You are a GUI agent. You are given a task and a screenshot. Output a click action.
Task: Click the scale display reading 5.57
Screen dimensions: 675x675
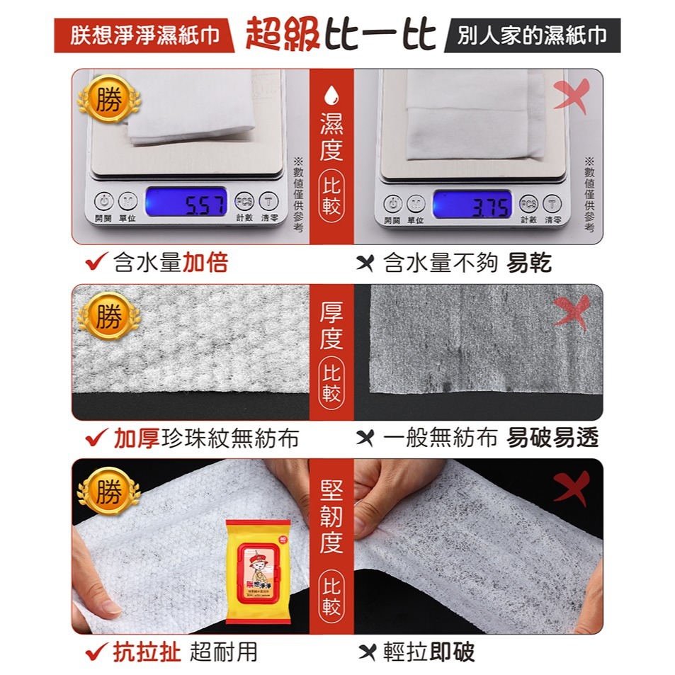pos(186,203)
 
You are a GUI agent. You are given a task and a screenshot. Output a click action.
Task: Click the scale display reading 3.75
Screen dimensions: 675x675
pos(472,204)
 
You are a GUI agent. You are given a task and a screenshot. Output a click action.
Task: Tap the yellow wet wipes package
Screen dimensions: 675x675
pos(258,570)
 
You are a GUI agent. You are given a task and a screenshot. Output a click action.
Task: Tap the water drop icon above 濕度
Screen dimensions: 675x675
pos(331,95)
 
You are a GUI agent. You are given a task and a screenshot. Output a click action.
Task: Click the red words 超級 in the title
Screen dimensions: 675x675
pos(280,35)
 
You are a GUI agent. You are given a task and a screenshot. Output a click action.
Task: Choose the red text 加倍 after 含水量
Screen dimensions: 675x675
pos(205,263)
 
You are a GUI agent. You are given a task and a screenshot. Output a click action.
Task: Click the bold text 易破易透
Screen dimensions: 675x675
pos(552,438)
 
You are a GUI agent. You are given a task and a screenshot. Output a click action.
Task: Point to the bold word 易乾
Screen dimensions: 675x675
pos(530,263)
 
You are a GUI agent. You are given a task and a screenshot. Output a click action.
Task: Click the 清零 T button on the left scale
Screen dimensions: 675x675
pos(268,203)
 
